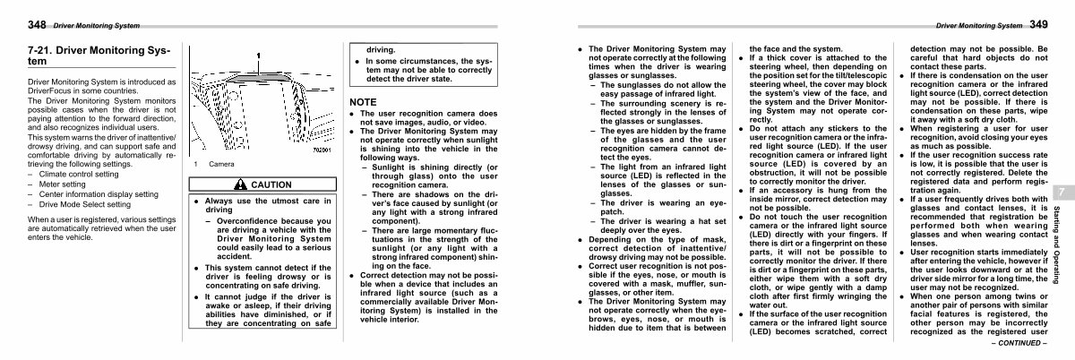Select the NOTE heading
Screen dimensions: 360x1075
363,102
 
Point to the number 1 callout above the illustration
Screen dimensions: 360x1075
259,55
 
